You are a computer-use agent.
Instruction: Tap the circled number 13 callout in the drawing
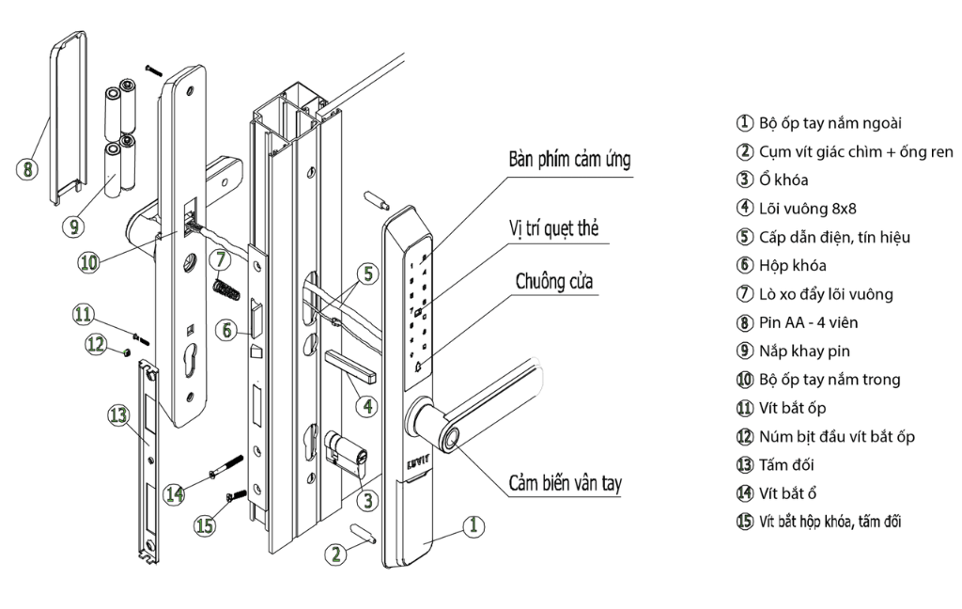[x=117, y=414]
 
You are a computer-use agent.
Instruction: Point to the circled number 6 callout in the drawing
[x=225, y=330]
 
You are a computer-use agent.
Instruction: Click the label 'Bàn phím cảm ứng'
[x=569, y=160]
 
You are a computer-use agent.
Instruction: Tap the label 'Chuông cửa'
[x=557, y=281]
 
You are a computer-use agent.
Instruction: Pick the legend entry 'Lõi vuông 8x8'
[x=795, y=209]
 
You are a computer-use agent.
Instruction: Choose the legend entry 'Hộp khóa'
[x=785, y=266]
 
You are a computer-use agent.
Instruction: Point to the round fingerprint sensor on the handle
[x=453, y=435]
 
